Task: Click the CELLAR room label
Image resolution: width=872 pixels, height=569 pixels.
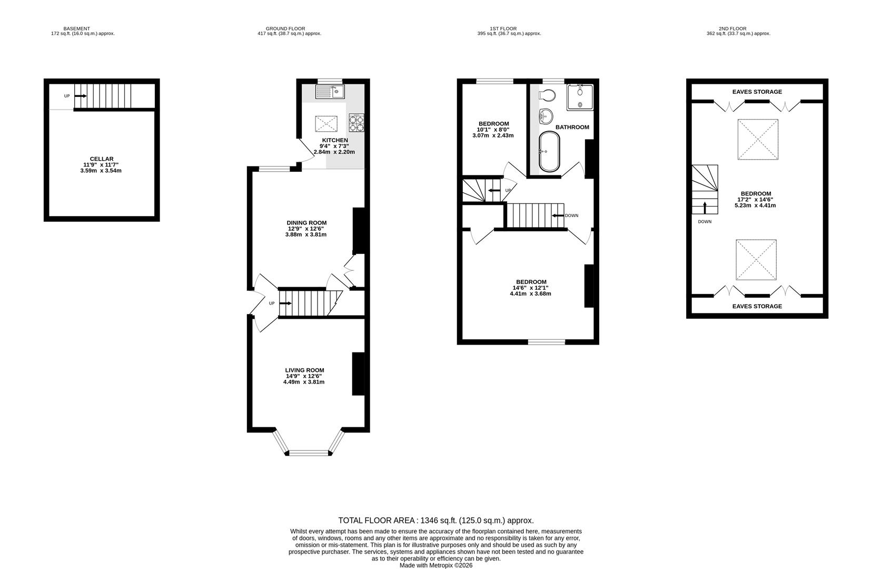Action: click(102, 159)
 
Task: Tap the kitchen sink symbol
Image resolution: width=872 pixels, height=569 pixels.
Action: click(330, 92)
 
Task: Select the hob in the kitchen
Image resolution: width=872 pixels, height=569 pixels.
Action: click(356, 123)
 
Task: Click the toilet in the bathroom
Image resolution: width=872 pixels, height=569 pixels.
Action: click(547, 96)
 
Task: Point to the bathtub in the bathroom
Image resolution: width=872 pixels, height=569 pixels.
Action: click(550, 152)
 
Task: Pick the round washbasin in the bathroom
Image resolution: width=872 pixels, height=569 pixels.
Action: click(546, 115)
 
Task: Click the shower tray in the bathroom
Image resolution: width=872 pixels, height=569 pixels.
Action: click(580, 97)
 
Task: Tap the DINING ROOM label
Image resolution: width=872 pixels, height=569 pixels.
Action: click(306, 223)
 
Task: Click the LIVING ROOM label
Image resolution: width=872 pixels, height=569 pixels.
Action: click(304, 370)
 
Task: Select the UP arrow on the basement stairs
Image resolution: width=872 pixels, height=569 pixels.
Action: click(81, 96)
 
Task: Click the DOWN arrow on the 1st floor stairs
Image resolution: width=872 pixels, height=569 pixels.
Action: click(557, 215)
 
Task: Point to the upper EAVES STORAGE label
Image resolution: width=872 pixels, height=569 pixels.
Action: click(757, 92)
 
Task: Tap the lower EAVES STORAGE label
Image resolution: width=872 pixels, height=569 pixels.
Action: click(757, 306)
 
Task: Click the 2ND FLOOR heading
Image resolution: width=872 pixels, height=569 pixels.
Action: click(732, 28)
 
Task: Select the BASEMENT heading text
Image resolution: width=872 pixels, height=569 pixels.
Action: click(76, 28)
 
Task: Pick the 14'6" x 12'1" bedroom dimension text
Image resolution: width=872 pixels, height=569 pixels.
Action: click(530, 288)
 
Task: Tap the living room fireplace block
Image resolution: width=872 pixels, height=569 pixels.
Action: click(358, 374)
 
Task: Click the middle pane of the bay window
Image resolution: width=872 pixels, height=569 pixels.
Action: click(309, 453)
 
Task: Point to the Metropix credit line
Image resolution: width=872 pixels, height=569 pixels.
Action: click(435, 565)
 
